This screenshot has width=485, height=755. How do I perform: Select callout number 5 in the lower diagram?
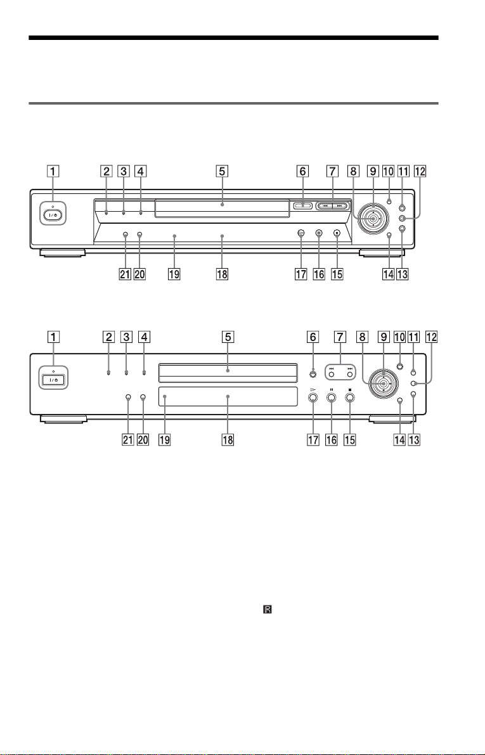tap(228, 337)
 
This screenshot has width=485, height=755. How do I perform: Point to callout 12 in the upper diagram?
tap(420, 171)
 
